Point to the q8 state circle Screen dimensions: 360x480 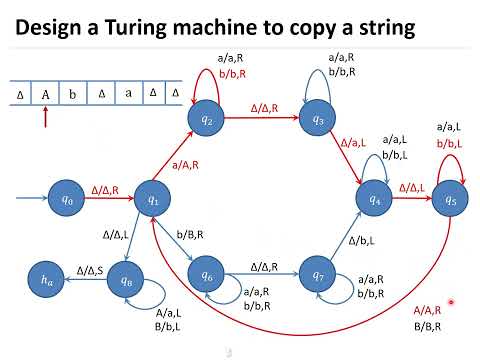click(126, 283)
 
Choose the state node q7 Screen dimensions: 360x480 click(318, 274)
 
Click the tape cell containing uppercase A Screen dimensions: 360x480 click(46, 95)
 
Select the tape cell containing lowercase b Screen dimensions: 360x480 click(73, 95)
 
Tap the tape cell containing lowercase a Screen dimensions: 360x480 click(127, 95)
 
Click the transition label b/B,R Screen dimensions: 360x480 click(190, 233)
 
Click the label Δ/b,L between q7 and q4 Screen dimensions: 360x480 click(362, 241)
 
